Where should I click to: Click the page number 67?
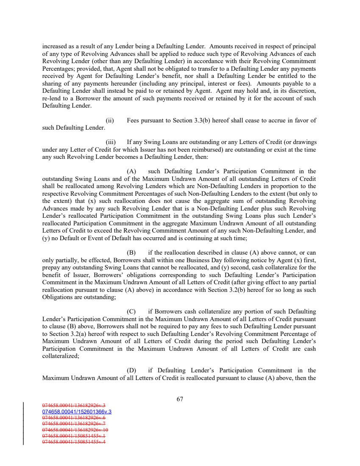tap(180, 399)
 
